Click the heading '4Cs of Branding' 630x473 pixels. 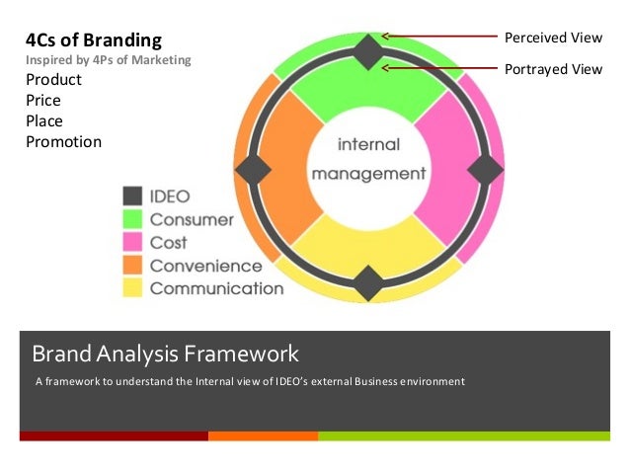(x=93, y=40)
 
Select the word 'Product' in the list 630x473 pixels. (x=53, y=80)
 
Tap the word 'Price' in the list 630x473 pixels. (x=43, y=101)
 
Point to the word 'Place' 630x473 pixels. (x=43, y=120)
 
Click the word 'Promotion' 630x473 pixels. (x=63, y=141)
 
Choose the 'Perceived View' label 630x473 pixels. (x=553, y=38)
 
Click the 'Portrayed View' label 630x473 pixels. (x=553, y=69)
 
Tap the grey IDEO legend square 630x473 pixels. (x=132, y=197)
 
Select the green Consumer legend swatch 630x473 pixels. (x=132, y=219)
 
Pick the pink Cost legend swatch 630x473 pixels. (x=132, y=242)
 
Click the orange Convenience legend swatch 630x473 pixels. (x=132, y=266)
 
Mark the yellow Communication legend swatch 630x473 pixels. (x=132, y=288)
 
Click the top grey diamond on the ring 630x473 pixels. (x=368, y=51)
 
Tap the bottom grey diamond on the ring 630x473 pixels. (x=368, y=283)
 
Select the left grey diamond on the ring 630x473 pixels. (x=253, y=169)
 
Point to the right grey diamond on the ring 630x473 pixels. (x=485, y=169)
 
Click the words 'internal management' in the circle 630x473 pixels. (x=368, y=159)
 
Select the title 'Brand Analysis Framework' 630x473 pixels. (x=165, y=353)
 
